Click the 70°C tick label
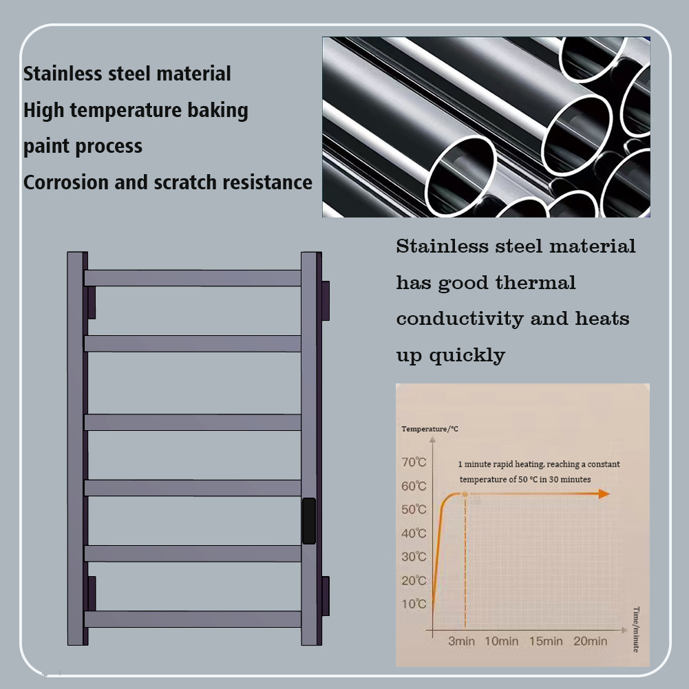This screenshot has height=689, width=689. point(414,463)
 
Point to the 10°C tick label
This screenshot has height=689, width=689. point(414,604)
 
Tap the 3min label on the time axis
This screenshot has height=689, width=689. point(461,642)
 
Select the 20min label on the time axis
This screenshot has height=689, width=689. point(590,642)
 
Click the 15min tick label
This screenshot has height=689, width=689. point(546,642)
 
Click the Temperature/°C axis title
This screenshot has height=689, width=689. point(430,430)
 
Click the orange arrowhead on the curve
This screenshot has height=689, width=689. point(604,494)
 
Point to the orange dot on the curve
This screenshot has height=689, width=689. point(466,494)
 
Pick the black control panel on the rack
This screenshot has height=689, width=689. point(309,521)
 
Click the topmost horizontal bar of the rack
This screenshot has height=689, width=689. point(193,278)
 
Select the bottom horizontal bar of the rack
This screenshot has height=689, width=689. point(193,619)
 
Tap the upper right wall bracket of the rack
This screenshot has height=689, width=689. point(325,299)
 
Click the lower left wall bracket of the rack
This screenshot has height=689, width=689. point(91,593)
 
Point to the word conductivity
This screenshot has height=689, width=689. point(459,319)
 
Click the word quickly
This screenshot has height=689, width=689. point(467,356)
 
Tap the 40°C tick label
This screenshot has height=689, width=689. point(414,533)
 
